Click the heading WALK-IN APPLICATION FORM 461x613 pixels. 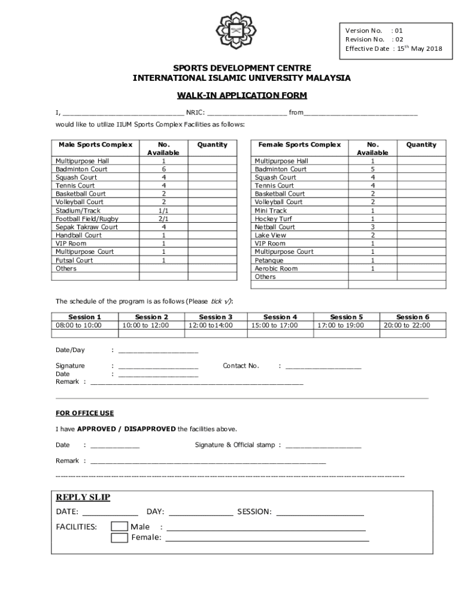241,95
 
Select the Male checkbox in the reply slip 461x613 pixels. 120,527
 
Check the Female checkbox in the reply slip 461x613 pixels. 120,538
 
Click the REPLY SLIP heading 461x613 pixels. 83,497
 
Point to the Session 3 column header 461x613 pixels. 216,317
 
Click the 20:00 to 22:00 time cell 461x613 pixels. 412,326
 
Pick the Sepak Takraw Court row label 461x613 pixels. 86,227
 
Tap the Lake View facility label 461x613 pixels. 271,235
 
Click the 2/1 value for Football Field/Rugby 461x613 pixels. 163,219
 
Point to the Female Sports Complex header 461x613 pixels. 299,145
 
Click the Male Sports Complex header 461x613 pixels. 96,145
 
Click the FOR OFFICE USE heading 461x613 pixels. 84,413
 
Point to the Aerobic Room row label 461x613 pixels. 276,268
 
